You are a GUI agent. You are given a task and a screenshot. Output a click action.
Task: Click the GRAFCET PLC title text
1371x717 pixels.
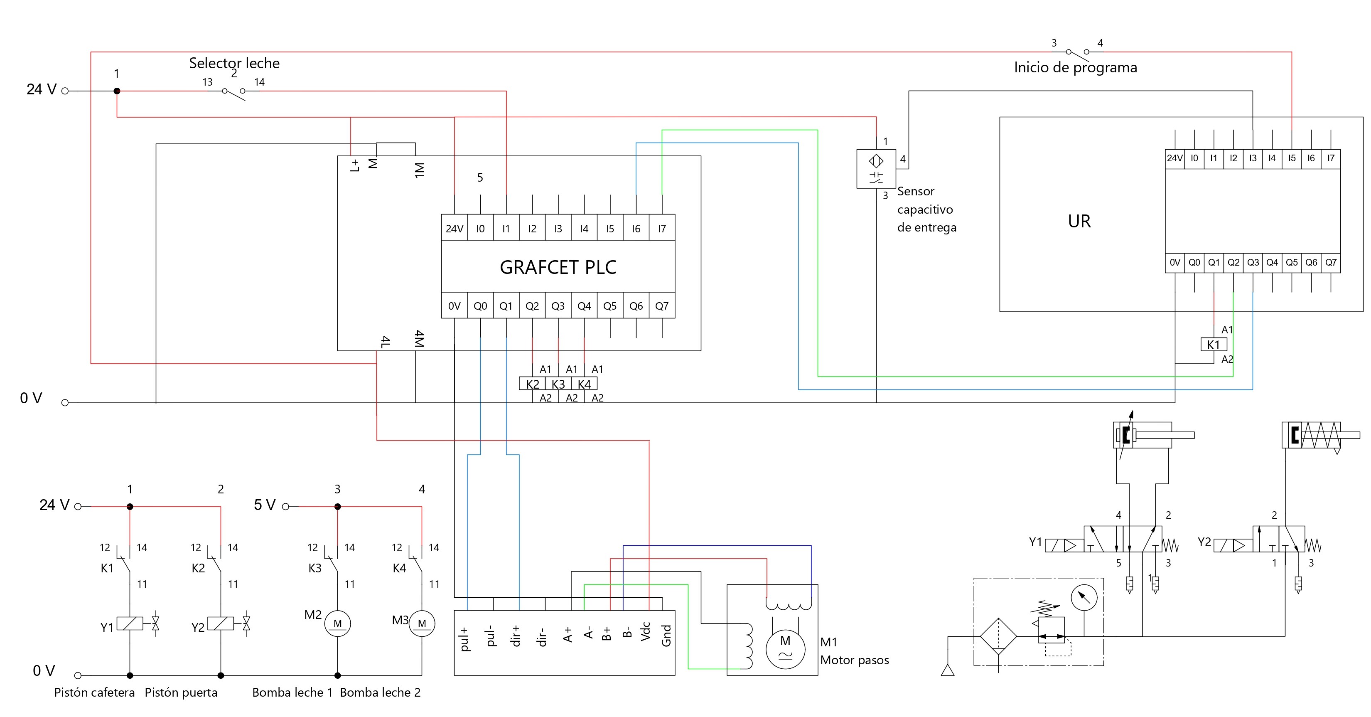pos(558,267)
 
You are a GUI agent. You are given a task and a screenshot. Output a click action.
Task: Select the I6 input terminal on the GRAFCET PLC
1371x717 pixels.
pos(636,228)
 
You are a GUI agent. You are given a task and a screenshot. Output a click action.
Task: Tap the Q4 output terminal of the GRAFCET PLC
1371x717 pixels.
pos(584,306)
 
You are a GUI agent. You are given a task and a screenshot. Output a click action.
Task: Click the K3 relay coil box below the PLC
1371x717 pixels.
pos(558,384)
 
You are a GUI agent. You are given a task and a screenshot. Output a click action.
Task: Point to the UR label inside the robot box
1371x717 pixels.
pos(1079,221)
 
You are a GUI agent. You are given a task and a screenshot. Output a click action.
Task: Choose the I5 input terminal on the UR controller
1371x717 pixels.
pos(1292,158)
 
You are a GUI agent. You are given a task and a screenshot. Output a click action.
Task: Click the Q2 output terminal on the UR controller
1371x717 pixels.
pos(1233,262)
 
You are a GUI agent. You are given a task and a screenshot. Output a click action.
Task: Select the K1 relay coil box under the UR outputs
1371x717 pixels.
pos(1214,345)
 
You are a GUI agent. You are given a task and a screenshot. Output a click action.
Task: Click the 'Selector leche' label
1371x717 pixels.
pos(234,63)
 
